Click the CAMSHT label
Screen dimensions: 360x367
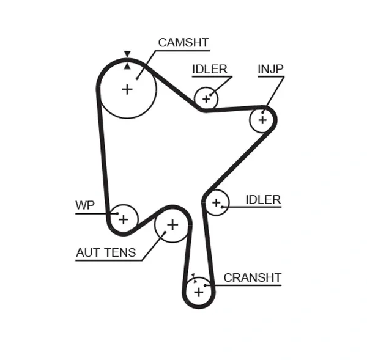183,43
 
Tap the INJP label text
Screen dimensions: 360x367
270,69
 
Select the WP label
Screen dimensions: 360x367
85,205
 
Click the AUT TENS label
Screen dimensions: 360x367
106,252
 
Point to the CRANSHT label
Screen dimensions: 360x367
252,277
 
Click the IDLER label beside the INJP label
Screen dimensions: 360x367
209,69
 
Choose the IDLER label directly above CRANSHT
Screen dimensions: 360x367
262,199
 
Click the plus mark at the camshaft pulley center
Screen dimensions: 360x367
127,89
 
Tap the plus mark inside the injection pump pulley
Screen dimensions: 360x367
262,120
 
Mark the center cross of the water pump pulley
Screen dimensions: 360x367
124,219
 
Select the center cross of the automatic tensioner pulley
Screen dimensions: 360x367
172,225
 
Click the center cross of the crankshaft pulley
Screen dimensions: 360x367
198,292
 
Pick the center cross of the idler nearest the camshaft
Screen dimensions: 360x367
206,98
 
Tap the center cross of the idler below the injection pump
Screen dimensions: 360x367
215,202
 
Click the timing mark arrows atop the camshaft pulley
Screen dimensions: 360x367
127,59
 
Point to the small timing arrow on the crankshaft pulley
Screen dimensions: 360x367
192,276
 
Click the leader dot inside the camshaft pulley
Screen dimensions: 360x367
137,78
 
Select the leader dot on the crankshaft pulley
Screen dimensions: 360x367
206,285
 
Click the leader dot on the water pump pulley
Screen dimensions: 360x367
116,213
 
